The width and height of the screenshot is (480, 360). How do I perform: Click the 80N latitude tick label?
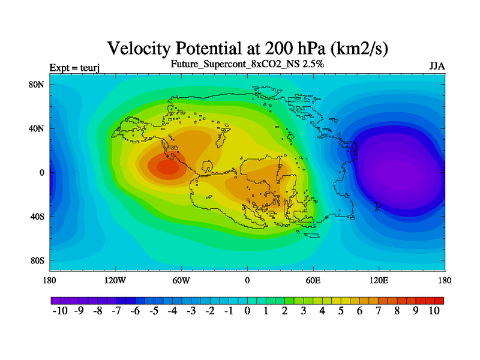click(37, 85)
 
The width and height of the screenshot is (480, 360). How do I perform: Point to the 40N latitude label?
click(37, 128)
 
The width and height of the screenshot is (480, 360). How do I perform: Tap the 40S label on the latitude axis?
click(37, 217)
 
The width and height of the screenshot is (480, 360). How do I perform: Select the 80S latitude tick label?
click(37, 261)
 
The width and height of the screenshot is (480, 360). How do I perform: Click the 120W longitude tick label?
click(115, 280)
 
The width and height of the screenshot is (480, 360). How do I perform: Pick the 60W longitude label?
click(181, 280)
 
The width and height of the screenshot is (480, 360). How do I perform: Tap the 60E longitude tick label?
click(313, 280)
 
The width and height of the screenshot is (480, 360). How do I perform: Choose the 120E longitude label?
click(379, 280)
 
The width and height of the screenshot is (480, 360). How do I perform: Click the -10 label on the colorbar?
click(60, 311)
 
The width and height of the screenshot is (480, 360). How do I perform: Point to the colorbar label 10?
click(434, 311)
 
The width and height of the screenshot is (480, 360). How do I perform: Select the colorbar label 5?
click(341, 311)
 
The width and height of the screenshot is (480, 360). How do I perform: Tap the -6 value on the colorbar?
click(135, 311)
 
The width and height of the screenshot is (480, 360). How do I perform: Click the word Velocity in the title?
click(139, 49)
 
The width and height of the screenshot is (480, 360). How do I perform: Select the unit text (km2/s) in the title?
click(359, 49)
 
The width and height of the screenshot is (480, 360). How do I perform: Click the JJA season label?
click(437, 67)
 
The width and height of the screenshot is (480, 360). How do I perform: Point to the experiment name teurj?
click(89, 68)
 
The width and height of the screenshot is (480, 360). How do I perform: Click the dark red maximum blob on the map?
click(168, 167)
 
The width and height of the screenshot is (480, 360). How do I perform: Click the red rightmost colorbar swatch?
click(439, 301)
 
